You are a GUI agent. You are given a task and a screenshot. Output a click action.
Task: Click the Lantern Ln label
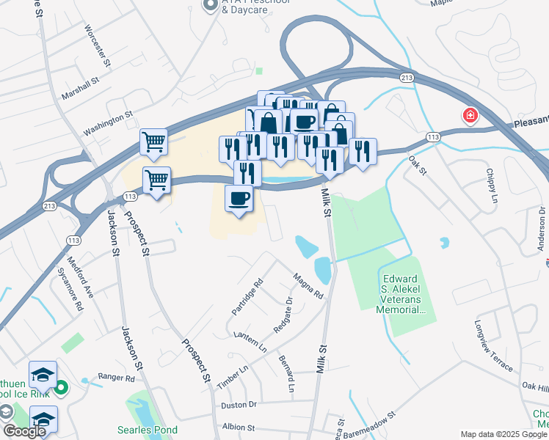pyautogui.click(x=250, y=342)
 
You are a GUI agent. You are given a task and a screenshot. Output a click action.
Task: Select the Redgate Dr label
pyautogui.click(x=283, y=315)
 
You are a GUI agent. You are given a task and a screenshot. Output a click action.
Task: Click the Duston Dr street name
pyautogui.click(x=239, y=404)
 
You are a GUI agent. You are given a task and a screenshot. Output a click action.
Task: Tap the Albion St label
pyautogui.click(x=238, y=427)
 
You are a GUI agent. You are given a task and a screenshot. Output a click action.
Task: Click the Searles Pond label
pyautogui.click(x=144, y=429)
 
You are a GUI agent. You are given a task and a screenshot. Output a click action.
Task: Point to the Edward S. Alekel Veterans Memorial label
pyautogui.click(x=401, y=294)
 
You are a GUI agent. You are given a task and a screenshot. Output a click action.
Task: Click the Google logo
pyautogui.click(x=25, y=430)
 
